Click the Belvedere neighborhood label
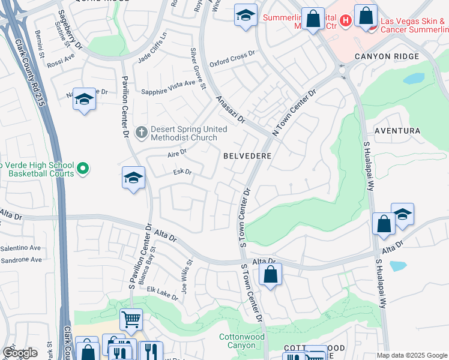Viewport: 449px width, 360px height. point(247,155)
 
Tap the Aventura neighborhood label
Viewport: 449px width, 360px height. point(397,130)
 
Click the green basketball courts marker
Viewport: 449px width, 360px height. point(83,169)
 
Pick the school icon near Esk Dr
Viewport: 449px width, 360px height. point(134,178)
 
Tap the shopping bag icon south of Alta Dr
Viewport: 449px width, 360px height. point(271,275)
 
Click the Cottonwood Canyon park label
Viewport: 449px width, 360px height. point(241,341)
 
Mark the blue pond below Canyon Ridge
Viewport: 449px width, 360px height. point(413,79)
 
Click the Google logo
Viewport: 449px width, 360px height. point(20,353)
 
